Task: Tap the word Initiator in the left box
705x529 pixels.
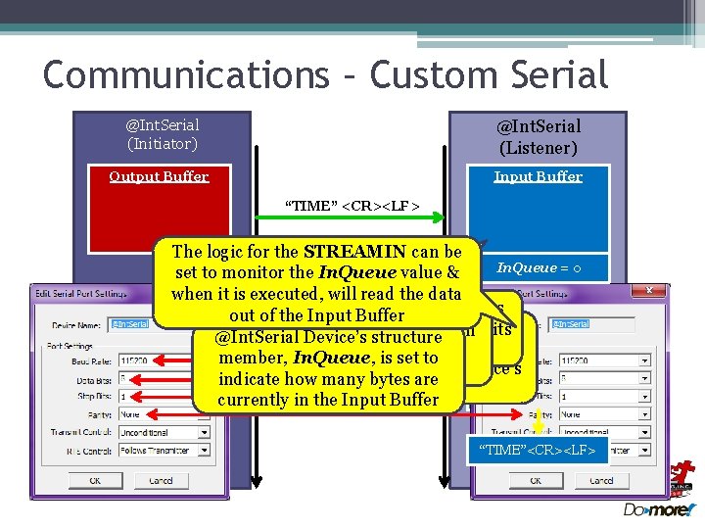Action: tap(163, 144)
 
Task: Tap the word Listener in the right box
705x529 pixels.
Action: tap(538, 148)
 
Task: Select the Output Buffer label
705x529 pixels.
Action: tap(159, 176)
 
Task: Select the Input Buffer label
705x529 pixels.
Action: tap(538, 176)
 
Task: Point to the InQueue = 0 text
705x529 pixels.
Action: tap(540, 267)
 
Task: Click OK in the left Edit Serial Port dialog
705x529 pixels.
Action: tap(95, 481)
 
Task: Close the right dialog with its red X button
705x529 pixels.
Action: tap(649, 292)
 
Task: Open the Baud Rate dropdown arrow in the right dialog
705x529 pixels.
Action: tap(644, 361)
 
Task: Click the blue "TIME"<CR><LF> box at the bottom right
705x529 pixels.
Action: tap(538, 450)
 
